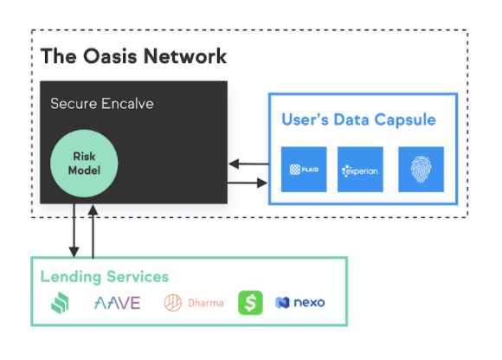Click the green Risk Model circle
click(84, 164)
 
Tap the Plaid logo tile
click(304, 170)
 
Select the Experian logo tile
click(360, 170)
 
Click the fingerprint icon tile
click(421, 170)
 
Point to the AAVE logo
click(117, 303)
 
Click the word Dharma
click(206, 303)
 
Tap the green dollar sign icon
click(250, 303)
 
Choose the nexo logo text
click(309, 303)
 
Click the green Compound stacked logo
click(60, 303)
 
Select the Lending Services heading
click(105, 277)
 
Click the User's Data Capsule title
click(358, 119)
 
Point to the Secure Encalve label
click(102, 104)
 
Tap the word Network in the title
click(185, 56)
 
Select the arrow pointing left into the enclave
click(248, 164)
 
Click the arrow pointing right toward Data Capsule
click(248, 183)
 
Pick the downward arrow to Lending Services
click(74, 230)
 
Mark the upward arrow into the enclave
click(93, 231)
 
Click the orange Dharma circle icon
click(173, 303)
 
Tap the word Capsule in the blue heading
click(405, 119)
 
